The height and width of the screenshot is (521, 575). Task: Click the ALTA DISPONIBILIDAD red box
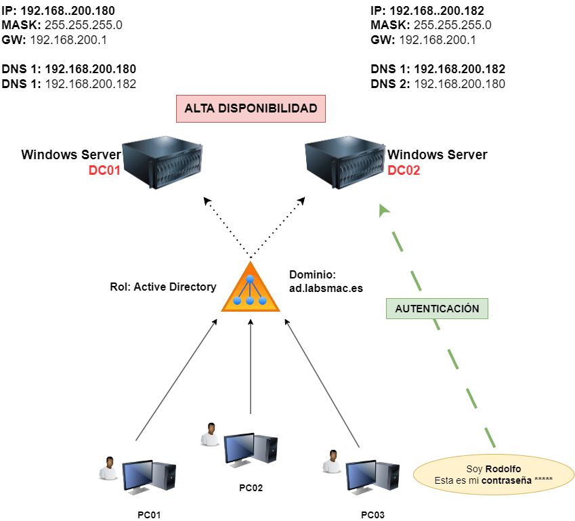pos(251,108)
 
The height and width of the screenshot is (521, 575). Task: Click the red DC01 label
pos(104,171)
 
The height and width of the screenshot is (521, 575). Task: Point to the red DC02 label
pos(404,171)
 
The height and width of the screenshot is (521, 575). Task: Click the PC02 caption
pos(251,487)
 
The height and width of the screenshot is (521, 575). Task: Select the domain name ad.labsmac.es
pos(326,288)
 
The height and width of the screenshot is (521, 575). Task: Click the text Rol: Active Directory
pos(163,287)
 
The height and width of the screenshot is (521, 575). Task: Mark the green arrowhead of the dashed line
pos(385,211)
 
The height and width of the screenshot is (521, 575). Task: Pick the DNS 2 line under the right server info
pos(438,84)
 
